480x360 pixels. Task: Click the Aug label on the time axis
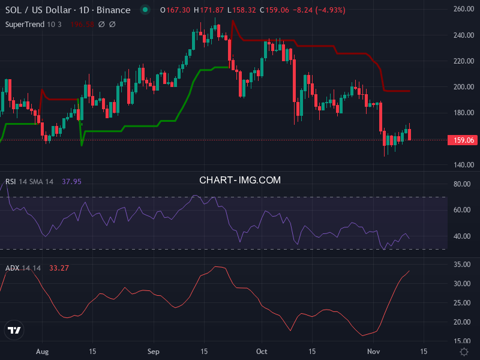pyautogui.click(x=41, y=350)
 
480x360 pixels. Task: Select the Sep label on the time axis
pyautogui.click(x=153, y=350)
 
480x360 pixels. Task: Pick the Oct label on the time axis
pyautogui.click(x=262, y=350)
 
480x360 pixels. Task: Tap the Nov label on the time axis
pyautogui.click(x=373, y=350)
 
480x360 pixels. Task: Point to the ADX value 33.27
pyautogui.click(x=59, y=268)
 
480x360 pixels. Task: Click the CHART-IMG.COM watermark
pyautogui.click(x=240, y=179)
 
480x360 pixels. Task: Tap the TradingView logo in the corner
pyautogui.click(x=14, y=330)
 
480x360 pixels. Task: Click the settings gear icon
pyautogui.click(x=463, y=351)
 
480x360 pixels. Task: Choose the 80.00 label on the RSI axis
pyautogui.click(x=462, y=184)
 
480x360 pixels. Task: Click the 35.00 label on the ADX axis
pyautogui.click(x=462, y=264)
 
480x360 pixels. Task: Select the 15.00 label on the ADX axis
pyautogui.click(x=462, y=341)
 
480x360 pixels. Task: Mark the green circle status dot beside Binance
pyautogui.click(x=145, y=10)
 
